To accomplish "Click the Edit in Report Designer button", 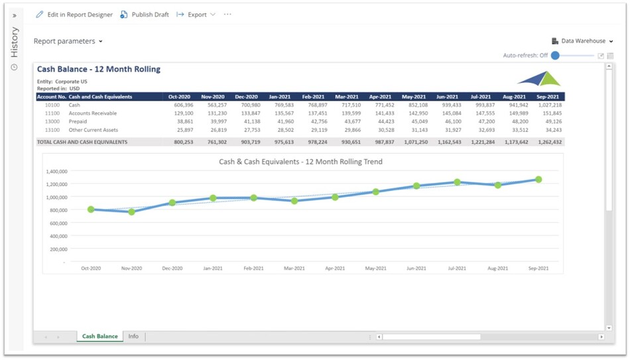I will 74,15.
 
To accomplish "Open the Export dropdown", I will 196,15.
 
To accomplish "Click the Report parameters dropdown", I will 68,41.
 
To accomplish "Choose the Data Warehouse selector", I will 582,41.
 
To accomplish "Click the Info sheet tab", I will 133,337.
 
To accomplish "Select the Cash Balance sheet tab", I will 99,337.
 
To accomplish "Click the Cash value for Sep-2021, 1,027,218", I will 550,105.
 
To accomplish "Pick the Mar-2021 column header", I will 347,97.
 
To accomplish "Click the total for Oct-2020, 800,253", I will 180,142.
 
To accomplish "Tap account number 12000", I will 52,122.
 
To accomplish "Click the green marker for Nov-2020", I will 131,212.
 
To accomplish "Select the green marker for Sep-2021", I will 538,180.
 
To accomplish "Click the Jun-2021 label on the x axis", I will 416,269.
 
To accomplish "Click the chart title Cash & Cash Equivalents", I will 300,161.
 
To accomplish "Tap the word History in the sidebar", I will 15,42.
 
